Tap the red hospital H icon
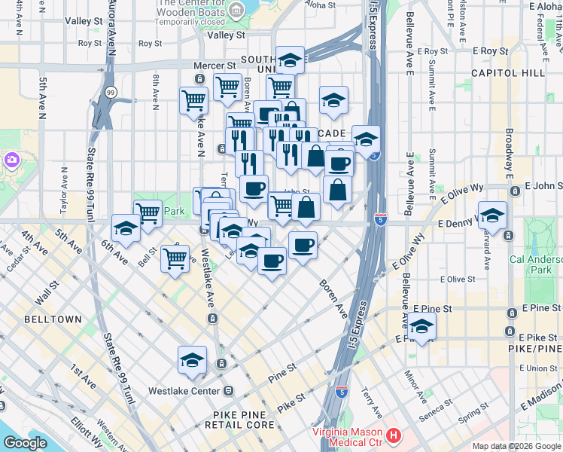click(393, 435)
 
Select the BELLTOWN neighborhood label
click(52, 319)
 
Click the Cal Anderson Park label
click(535, 264)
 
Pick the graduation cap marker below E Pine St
click(422, 326)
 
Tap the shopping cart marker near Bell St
click(175, 258)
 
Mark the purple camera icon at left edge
click(11, 160)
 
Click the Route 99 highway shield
click(111, 92)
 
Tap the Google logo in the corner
click(26, 443)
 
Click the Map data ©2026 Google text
click(516, 446)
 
